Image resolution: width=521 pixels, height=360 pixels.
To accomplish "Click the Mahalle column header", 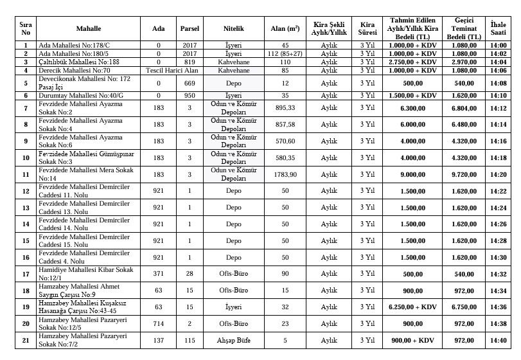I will pos(89,30).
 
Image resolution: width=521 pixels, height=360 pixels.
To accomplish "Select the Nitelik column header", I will pos(233,30).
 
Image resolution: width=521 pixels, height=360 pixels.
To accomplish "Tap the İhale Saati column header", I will pos(498,30).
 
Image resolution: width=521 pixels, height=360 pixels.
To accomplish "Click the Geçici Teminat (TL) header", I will pos(464,30).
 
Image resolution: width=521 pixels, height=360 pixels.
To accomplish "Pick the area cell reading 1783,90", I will pos(285,174).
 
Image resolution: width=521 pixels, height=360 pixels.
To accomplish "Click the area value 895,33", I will pos(285,107).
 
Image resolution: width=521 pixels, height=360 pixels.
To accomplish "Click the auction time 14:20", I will pos(498,174).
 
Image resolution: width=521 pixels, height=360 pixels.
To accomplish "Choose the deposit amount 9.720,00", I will pos(464,174).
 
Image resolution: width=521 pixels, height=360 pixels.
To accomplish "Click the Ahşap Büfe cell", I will pos(233,341).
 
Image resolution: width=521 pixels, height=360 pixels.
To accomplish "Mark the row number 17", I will pos(26,274).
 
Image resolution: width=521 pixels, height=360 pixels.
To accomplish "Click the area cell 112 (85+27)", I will pos(285,54).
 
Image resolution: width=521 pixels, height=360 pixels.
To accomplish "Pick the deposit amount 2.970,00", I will pos(464,62).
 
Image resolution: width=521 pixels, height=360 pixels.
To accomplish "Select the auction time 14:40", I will pos(498,341).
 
